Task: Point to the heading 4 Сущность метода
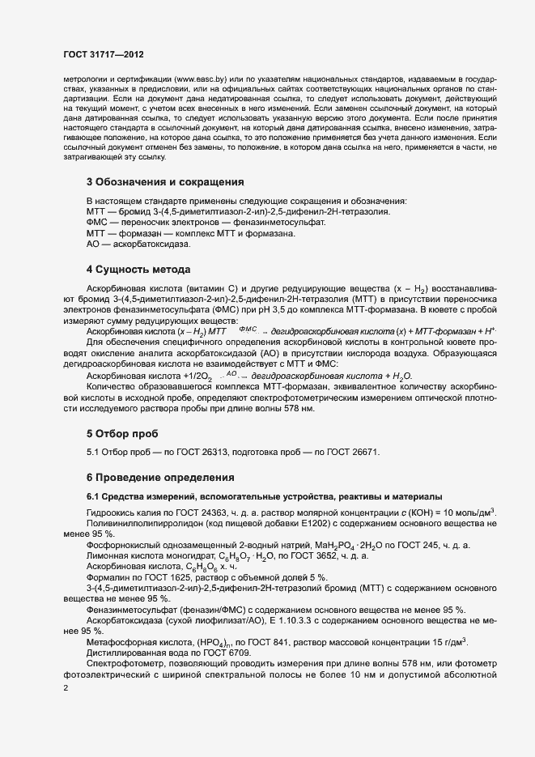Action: tap(138, 267)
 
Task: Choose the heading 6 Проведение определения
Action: tap(160, 477)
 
